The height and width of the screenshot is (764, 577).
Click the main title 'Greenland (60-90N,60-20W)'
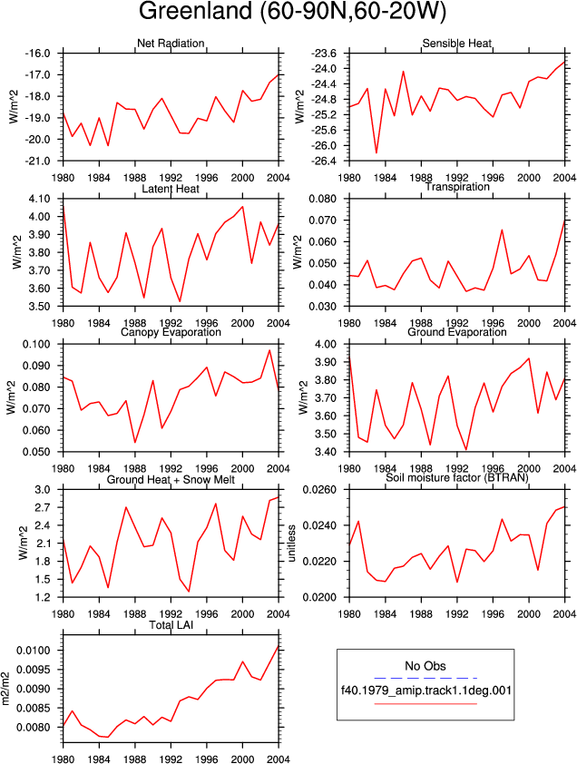[292, 12]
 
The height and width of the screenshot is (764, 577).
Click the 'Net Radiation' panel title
[171, 44]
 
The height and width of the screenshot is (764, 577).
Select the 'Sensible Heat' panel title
[457, 44]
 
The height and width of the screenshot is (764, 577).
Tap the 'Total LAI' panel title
[171, 624]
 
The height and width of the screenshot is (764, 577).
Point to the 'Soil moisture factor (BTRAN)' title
[457, 477]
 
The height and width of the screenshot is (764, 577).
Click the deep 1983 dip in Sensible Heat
[377, 153]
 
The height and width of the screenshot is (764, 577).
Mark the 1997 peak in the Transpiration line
[502, 230]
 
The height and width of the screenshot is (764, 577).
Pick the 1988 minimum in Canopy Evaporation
[135, 443]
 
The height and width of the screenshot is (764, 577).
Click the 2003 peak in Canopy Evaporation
[269, 350]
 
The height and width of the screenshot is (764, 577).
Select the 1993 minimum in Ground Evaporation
[466, 450]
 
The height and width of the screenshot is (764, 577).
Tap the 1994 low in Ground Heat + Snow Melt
[189, 592]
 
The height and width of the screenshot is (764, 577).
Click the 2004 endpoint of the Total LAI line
[279, 646]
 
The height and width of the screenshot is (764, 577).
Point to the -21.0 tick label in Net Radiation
[37, 161]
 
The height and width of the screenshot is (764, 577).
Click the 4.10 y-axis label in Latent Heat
[40, 199]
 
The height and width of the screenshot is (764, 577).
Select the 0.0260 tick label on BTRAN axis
[319, 489]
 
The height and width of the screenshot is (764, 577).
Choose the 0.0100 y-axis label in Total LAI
[34, 651]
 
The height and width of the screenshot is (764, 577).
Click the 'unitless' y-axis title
[292, 544]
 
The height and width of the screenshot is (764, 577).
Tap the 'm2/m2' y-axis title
[5, 689]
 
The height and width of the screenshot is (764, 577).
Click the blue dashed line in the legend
[425, 678]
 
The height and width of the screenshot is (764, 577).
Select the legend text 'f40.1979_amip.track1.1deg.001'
[425, 690]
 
